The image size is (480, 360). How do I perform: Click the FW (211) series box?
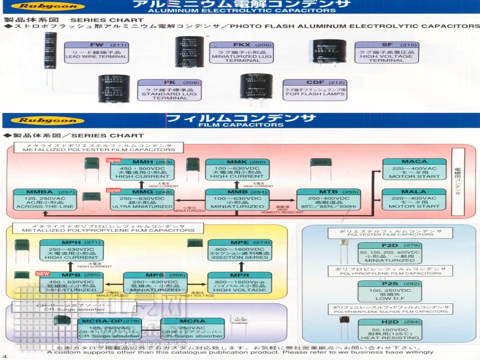pos(96,52)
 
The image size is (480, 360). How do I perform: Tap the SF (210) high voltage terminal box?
pos(386,52)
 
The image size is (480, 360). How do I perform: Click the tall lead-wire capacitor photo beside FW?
pos(51,59)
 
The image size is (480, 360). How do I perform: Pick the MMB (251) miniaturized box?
pos(237,199)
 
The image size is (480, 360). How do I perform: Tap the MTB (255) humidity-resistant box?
pos(328,199)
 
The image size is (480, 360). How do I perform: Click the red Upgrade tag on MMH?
pos(115,160)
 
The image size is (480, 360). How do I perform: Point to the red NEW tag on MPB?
pos(43,273)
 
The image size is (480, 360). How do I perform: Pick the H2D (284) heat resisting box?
pos(390,329)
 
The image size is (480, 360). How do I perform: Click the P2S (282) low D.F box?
pos(390,291)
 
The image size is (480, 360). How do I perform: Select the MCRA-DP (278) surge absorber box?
pos(109,329)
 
